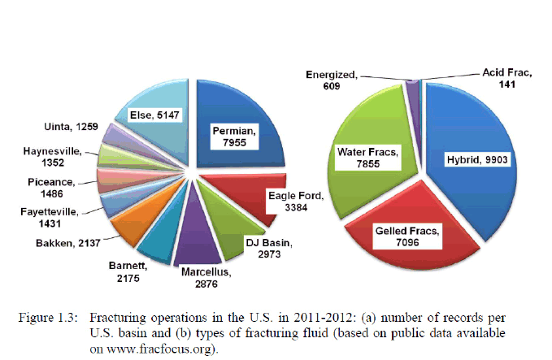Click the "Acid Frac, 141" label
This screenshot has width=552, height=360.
(x=505, y=78)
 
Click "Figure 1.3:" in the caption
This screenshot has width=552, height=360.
(x=49, y=315)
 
